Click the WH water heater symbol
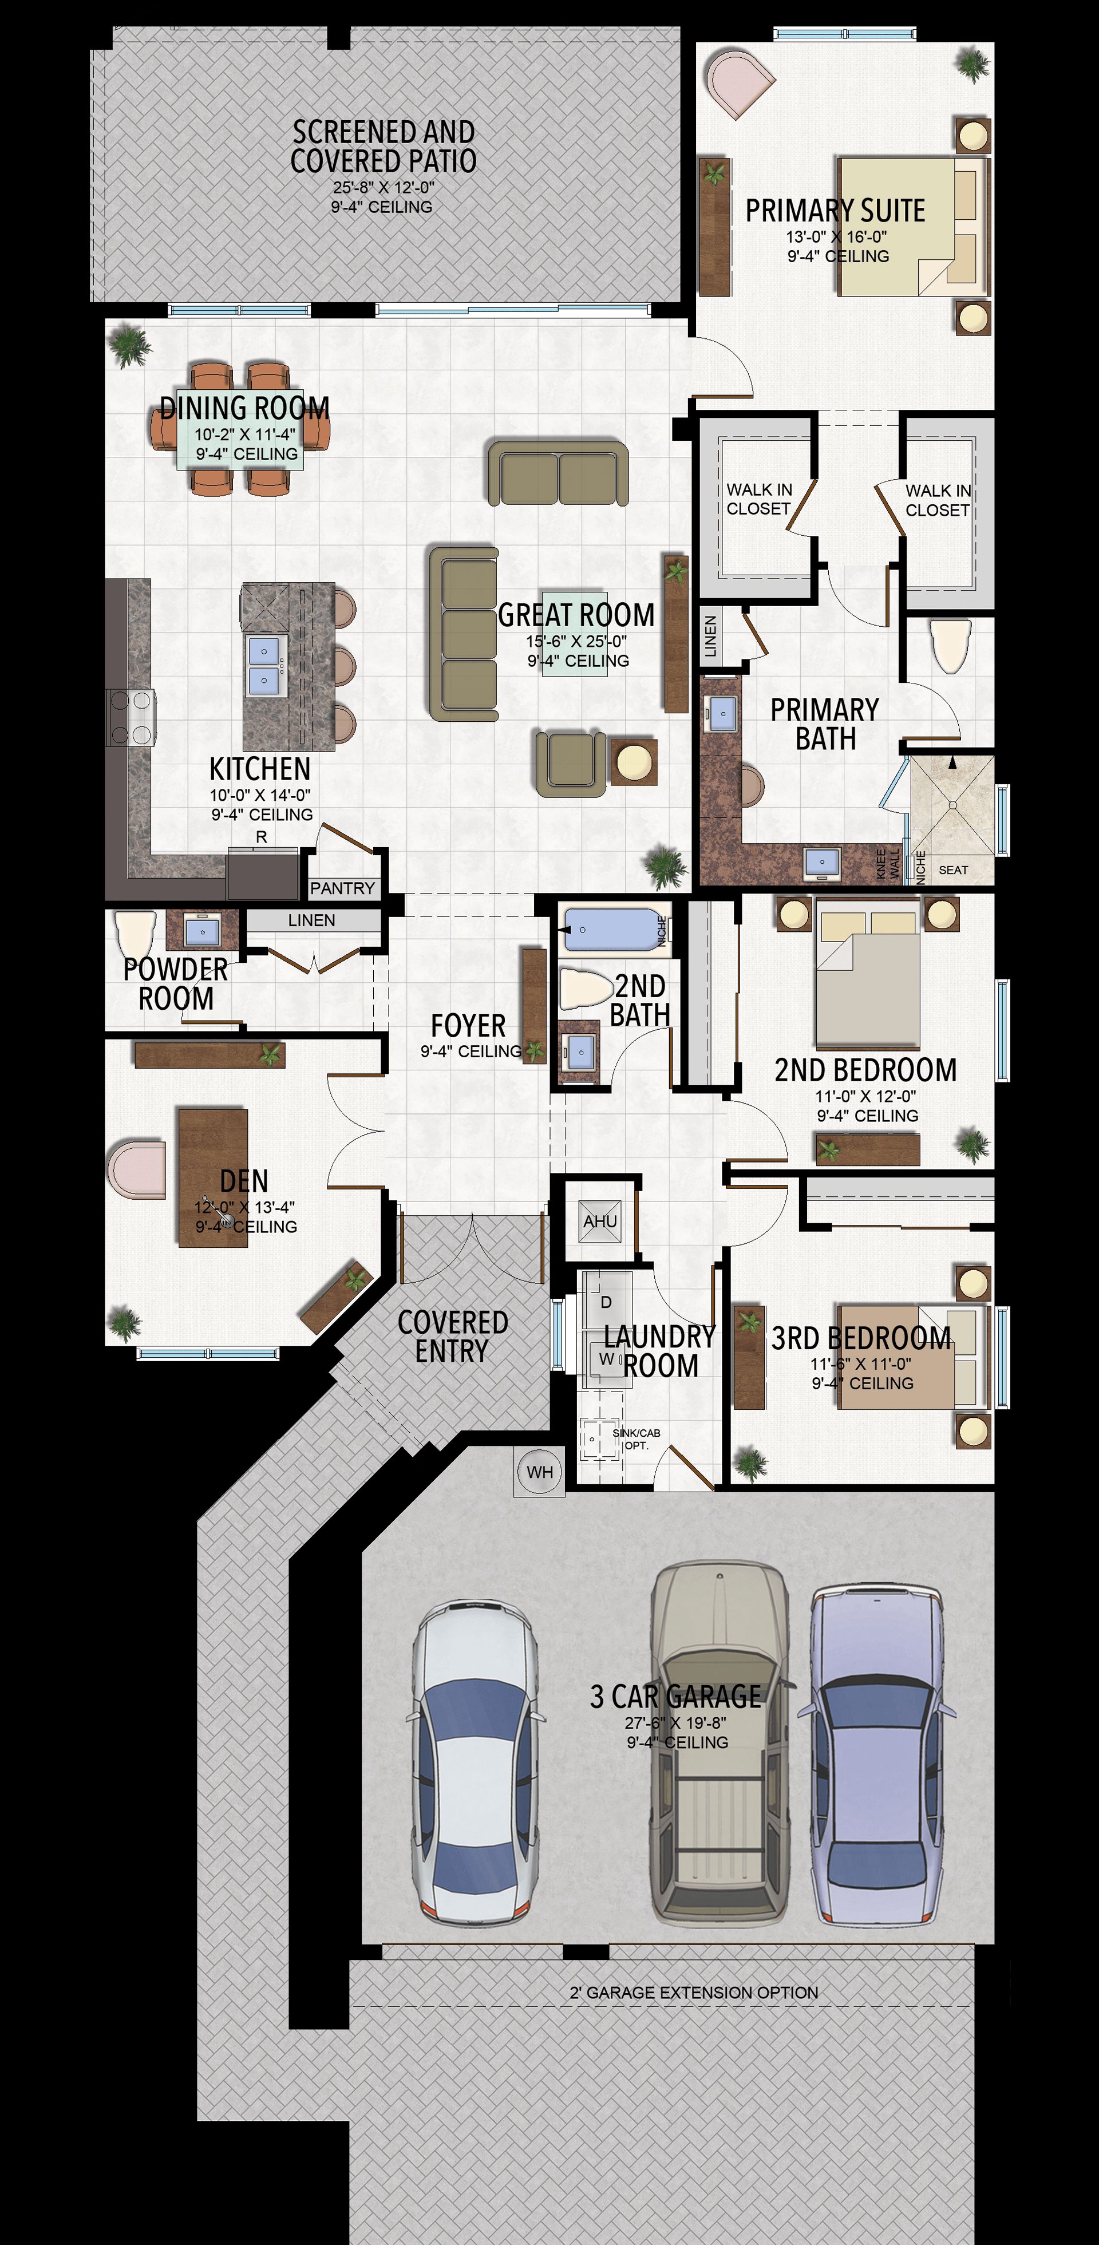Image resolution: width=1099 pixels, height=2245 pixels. (539, 1472)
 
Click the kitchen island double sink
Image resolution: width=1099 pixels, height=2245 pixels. (263, 666)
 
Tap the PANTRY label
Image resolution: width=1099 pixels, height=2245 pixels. (342, 888)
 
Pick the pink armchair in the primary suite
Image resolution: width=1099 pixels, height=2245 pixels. (738, 83)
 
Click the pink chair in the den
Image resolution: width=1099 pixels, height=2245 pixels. (137, 1167)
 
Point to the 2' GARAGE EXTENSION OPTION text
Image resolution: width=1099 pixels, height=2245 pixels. (694, 1992)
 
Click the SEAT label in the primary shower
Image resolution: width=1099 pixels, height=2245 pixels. (954, 869)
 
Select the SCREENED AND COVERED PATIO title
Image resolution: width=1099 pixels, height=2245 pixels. (384, 147)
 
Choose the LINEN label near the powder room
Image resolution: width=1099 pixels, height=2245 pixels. (311, 920)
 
